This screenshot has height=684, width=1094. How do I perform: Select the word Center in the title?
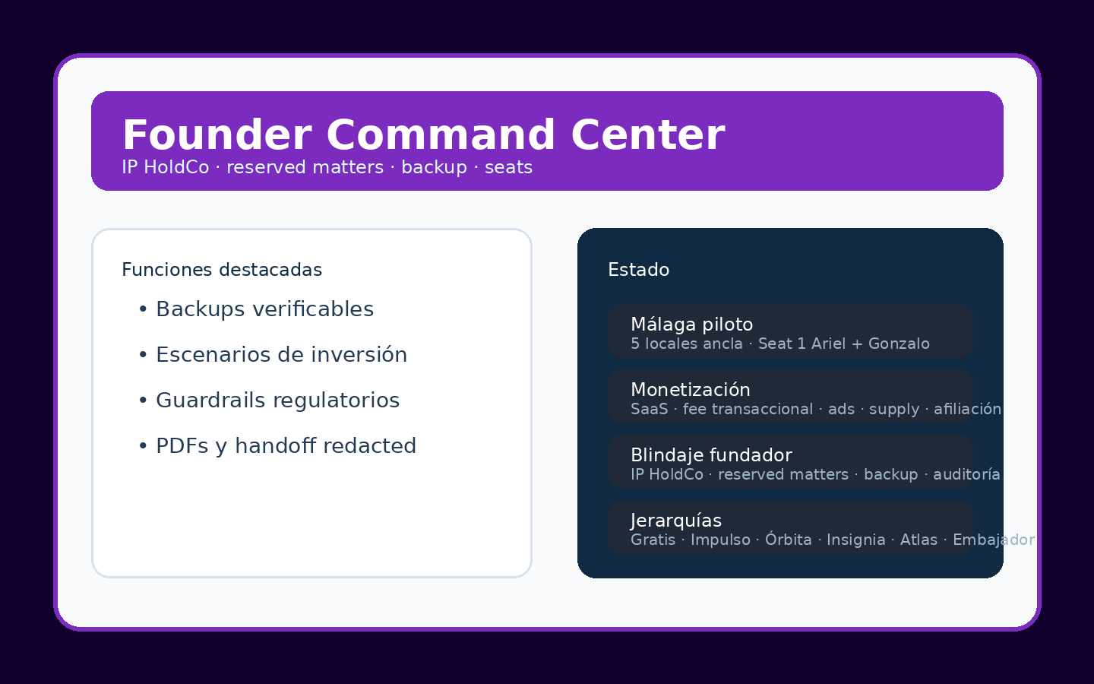647,135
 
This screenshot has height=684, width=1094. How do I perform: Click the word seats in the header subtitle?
508,167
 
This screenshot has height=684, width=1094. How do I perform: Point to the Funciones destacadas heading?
222,270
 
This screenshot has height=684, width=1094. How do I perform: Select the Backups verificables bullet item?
264,309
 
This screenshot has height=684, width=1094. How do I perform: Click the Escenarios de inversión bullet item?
281,355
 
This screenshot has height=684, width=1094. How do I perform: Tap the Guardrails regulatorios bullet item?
277,401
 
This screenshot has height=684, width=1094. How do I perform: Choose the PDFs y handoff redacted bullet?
286,446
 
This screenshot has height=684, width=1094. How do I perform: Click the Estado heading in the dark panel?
638,270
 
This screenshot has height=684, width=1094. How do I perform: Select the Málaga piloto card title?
691,325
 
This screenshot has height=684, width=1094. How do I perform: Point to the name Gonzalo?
899,344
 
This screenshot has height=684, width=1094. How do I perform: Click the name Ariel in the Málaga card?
828,344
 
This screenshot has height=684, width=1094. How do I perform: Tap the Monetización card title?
690,390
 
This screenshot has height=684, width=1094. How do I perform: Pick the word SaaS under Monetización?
649,409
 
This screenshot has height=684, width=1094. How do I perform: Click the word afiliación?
967,409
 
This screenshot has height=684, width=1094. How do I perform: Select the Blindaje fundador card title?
711,455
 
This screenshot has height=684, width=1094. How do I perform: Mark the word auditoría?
966,474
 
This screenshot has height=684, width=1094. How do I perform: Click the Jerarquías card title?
675,521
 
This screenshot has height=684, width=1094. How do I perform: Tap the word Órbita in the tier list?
788,540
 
